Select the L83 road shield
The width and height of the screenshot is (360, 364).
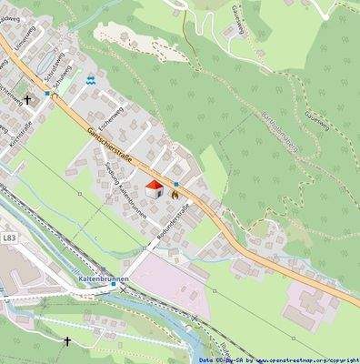(x=8, y=238)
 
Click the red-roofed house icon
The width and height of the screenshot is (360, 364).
(x=154, y=190)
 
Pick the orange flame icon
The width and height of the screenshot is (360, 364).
(x=173, y=190)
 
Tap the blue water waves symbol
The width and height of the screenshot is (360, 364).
(x=91, y=80)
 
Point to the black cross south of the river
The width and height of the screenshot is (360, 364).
(x=66, y=341)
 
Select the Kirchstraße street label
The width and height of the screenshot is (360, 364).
(x=20, y=134)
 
